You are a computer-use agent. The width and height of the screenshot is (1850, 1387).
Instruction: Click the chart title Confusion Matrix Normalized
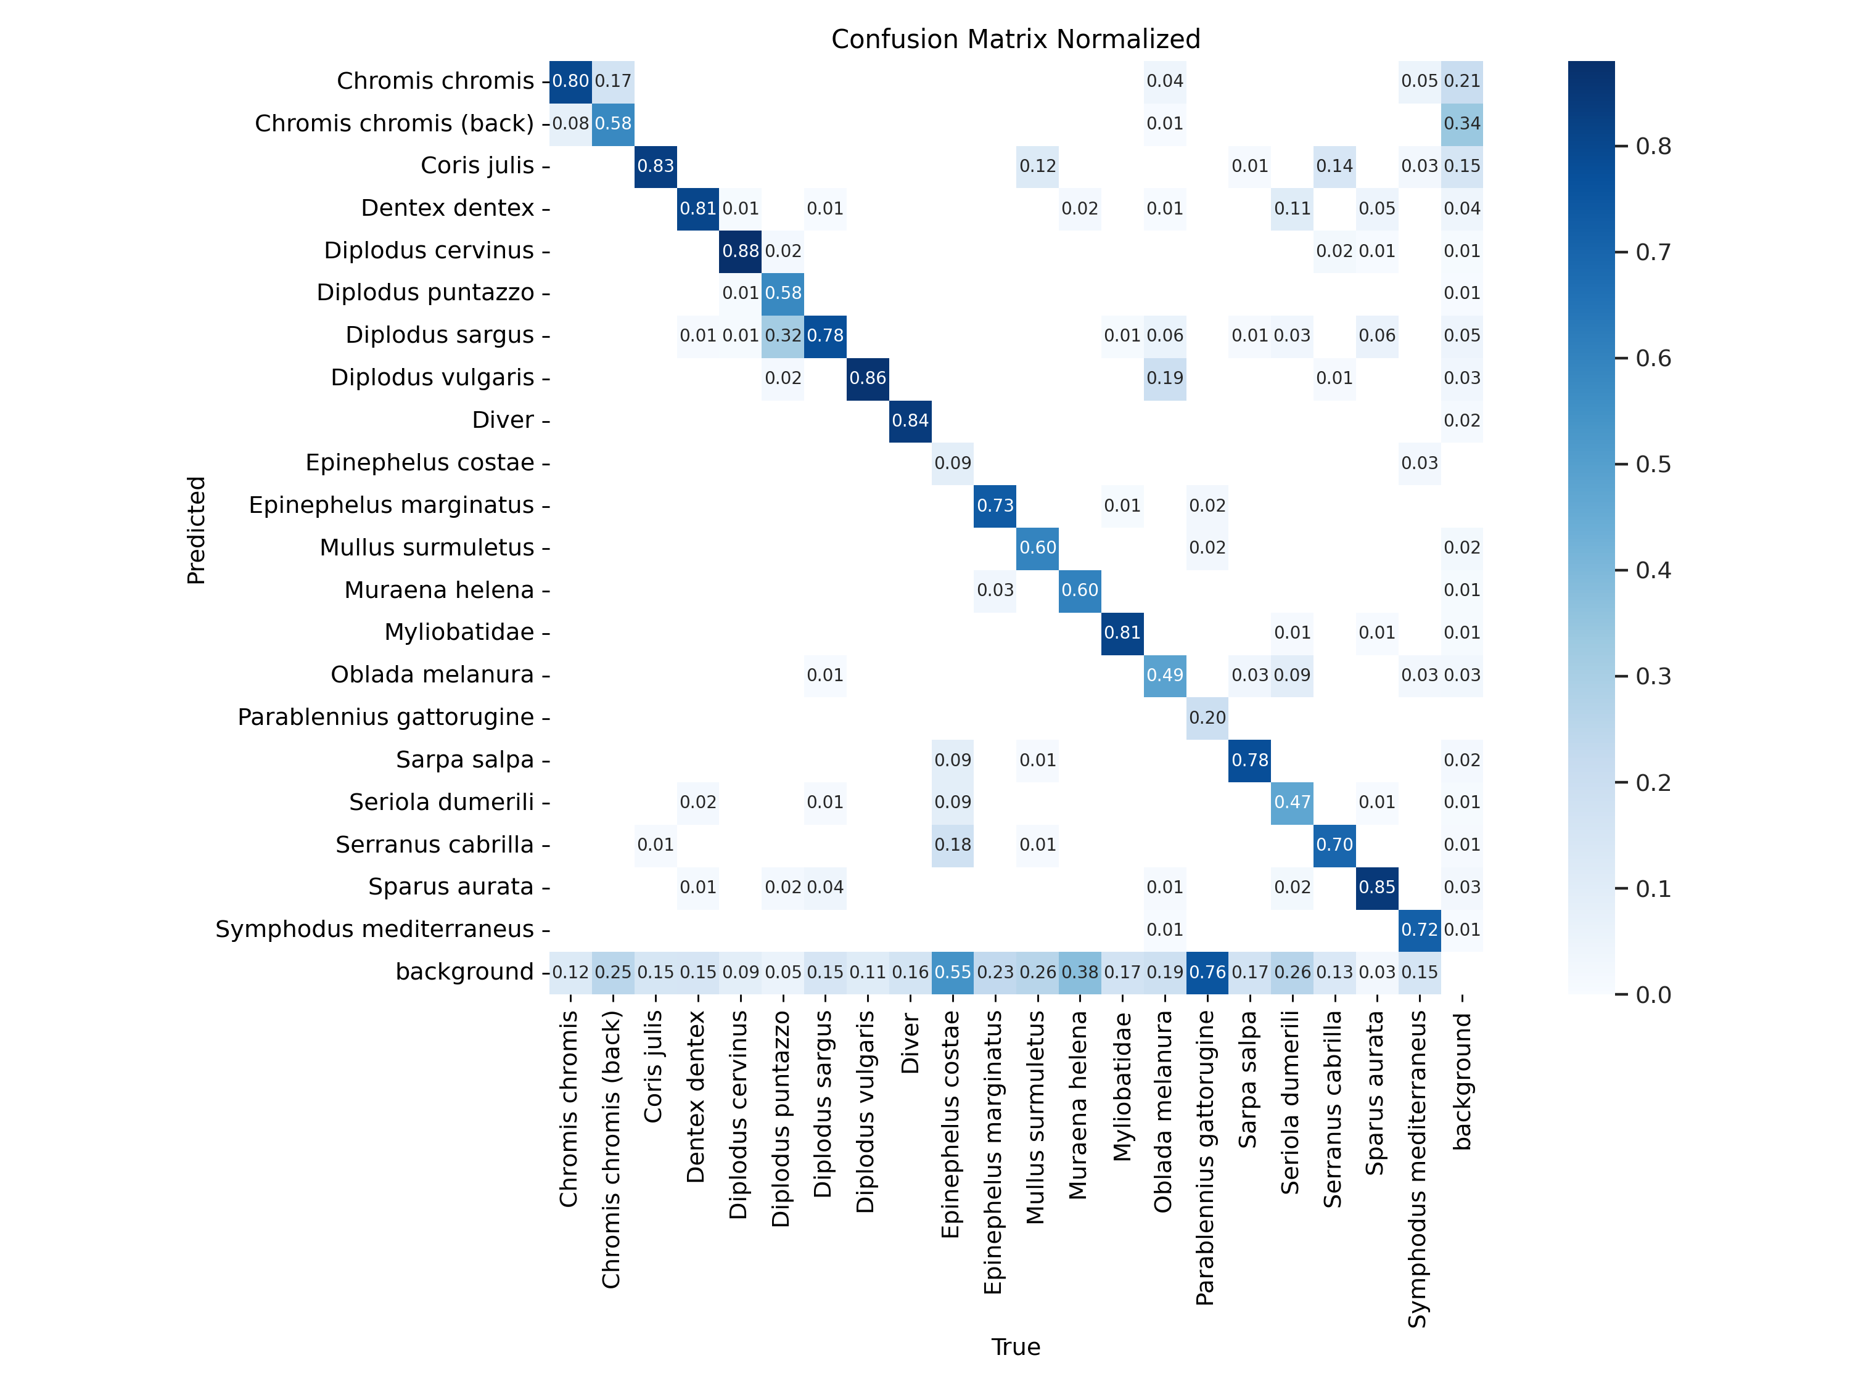pyautogui.click(x=1015, y=39)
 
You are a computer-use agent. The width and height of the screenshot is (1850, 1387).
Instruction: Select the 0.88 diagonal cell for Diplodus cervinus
pyautogui.click(x=740, y=251)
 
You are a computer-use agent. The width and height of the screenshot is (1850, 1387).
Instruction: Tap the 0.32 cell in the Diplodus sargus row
pyautogui.click(x=783, y=335)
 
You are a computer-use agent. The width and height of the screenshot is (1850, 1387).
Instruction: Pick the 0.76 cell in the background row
pyautogui.click(x=1207, y=972)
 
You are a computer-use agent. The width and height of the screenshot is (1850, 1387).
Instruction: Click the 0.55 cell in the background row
pyautogui.click(x=953, y=972)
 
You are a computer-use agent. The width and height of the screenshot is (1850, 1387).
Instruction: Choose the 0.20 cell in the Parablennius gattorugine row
pyautogui.click(x=1207, y=718)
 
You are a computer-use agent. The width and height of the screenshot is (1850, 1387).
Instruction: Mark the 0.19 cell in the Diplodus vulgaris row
pyautogui.click(x=1164, y=378)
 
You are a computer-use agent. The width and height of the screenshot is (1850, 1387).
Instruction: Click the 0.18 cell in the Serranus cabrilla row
pyautogui.click(x=953, y=845)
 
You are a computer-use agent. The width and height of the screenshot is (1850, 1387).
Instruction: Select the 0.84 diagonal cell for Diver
pyautogui.click(x=910, y=420)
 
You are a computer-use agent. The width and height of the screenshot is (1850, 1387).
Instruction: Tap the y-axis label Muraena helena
pyautogui.click(x=438, y=591)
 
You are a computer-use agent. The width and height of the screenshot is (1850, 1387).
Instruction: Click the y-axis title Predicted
pyautogui.click(x=195, y=530)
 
